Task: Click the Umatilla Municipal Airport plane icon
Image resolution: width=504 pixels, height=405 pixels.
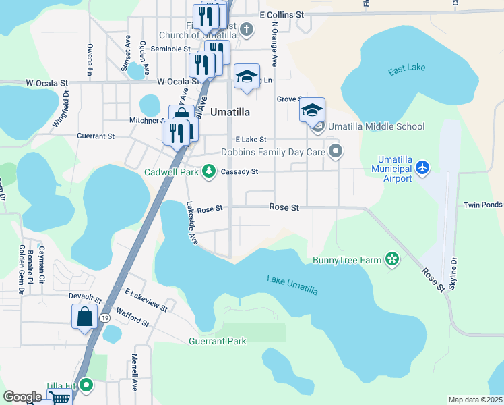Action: click(422, 167)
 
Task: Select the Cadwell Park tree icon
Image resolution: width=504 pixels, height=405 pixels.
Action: click(210, 171)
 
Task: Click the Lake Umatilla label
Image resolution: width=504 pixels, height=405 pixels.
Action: click(292, 284)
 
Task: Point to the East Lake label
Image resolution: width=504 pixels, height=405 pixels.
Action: click(407, 70)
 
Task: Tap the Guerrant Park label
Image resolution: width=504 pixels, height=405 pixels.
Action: click(218, 341)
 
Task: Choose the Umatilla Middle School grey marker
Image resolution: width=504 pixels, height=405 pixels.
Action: click(319, 126)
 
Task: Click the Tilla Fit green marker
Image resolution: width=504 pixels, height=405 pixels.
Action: click(86, 386)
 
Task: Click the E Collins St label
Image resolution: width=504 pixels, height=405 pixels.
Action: click(282, 14)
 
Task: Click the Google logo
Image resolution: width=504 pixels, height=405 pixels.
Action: click(22, 397)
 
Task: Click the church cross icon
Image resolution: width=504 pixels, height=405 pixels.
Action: click(247, 29)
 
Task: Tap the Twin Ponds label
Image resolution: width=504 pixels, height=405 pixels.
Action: click(482, 205)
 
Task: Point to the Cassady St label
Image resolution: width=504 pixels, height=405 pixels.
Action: click(240, 172)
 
